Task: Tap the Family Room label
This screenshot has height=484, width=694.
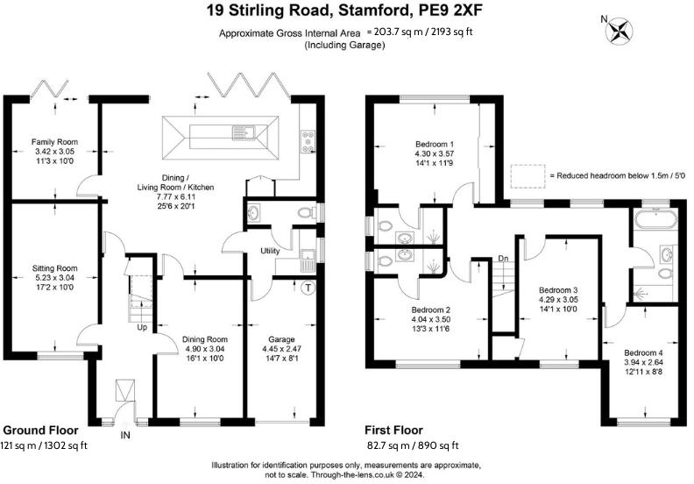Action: click(x=55, y=141)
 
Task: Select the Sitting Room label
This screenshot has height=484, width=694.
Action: click(x=54, y=268)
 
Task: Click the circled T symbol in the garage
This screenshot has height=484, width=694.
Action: click(x=308, y=288)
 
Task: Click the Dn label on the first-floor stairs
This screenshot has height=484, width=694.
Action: click(x=502, y=258)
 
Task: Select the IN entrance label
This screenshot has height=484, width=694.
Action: click(x=125, y=434)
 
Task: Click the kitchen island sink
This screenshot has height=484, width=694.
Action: click(x=240, y=133)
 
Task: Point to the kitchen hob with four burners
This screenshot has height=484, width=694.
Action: click(x=308, y=140)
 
